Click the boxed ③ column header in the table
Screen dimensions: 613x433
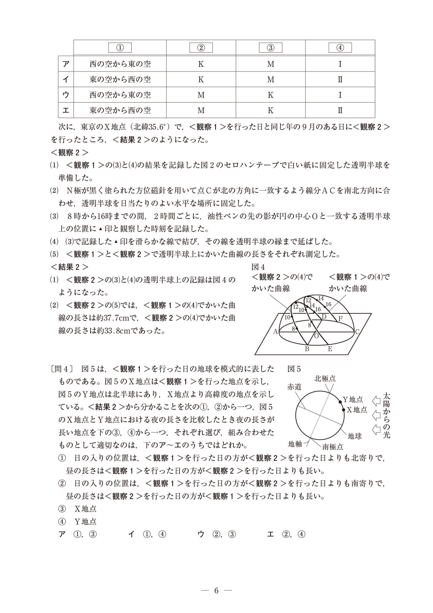coord(270,48)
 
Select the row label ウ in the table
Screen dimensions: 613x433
coord(66,95)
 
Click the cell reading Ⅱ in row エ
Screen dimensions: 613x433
coord(340,110)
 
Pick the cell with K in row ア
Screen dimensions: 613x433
coord(201,64)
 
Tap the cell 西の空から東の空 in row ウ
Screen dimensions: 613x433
coord(120,95)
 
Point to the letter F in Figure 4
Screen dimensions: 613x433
coord(340,319)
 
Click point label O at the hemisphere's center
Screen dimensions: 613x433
coord(317,336)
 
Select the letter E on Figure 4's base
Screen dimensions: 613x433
coord(330,349)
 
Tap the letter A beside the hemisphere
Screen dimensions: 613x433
coord(276,332)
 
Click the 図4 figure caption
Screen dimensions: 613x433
coord(258,267)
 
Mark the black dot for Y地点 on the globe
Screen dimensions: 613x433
coord(340,402)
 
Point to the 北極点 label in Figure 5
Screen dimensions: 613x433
coord(325,379)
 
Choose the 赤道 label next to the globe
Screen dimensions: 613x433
coord(294,387)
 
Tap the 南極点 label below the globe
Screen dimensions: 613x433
coord(332,447)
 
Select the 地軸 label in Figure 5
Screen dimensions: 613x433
coord(295,444)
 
